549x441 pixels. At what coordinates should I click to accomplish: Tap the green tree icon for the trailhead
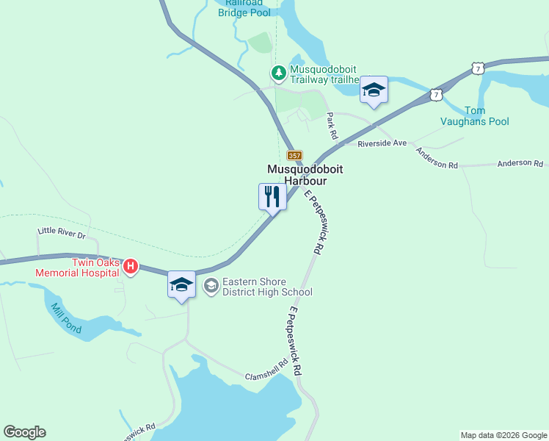pos(278,73)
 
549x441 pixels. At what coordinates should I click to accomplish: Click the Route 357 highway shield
pos(294,155)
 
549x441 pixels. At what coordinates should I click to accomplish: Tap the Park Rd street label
pos(332,126)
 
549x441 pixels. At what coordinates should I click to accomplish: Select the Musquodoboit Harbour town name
pos(305,174)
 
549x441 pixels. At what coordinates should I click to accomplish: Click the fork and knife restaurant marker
pos(272,196)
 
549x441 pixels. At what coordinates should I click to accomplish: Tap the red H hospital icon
pos(131,266)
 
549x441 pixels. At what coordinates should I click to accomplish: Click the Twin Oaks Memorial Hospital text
pos(95,268)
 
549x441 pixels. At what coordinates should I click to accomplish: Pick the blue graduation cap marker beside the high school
pos(181,284)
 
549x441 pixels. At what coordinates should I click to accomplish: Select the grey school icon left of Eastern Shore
pos(211,286)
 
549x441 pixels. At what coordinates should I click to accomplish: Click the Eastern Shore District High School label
pos(267,287)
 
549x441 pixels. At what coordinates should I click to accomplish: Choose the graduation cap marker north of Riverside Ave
pos(374,90)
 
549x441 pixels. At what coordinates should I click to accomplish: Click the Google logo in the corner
pos(25,432)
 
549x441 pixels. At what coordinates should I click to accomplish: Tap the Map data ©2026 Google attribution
pos(503,435)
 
